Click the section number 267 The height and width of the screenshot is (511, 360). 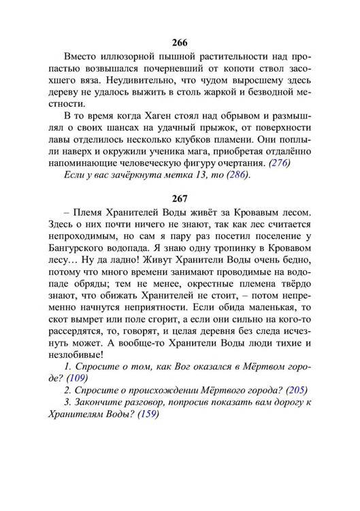tap(180, 199)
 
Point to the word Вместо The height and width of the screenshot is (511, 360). tap(83, 54)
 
